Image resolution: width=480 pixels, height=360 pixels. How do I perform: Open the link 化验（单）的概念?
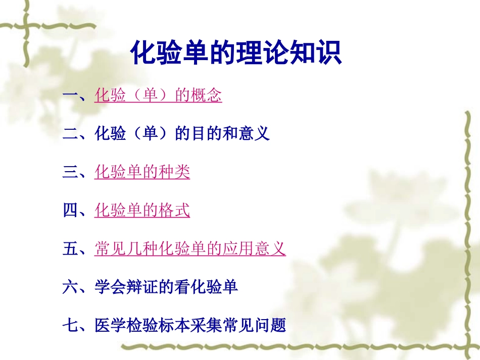[x=158, y=95]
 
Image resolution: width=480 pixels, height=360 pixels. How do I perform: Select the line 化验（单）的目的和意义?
[x=182, y=134]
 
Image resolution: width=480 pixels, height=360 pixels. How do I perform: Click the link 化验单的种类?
[x=142, y=172]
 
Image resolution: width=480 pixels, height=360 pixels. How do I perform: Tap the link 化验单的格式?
[x=142, y=211]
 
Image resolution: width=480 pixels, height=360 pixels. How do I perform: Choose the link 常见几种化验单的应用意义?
[x=190, y=249]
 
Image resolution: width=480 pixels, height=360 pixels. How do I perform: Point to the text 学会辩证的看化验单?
[x=166, y=287]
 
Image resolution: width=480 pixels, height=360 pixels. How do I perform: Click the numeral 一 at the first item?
[x=70, y=95]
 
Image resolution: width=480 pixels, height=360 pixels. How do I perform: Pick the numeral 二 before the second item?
[x=70, y=134]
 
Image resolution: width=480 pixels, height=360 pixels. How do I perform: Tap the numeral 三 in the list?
[x=70, y=172]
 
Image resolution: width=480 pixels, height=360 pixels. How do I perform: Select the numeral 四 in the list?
[x=70, y=211]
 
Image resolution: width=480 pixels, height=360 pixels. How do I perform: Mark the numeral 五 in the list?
[x=70, y=249]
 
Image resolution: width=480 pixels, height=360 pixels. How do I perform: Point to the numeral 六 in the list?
[x=70, y=287]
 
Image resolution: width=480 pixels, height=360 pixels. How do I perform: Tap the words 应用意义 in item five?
[x=254, y=249]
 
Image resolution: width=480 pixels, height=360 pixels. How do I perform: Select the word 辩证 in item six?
[x=142, y=287]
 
